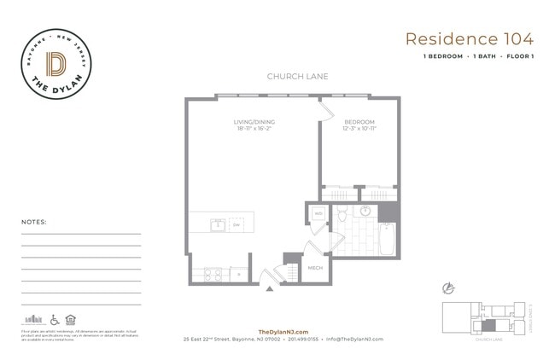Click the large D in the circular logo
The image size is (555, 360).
[58, 64]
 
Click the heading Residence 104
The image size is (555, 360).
[470, 38]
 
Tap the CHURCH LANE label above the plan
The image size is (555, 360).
[297, 77]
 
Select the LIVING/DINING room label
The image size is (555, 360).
[254, 122]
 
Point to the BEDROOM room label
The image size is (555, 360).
[359, 122]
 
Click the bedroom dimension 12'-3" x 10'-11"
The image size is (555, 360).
[359, 131]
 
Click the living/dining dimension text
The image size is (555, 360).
[254, 131]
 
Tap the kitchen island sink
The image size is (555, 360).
[218, 224]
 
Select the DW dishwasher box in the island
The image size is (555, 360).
[237, 224]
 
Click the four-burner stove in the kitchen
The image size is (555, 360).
[211, 274]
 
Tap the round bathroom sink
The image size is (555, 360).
[365, 211]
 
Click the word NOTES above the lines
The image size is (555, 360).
[34, 222]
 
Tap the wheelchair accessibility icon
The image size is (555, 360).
[55, 319]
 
